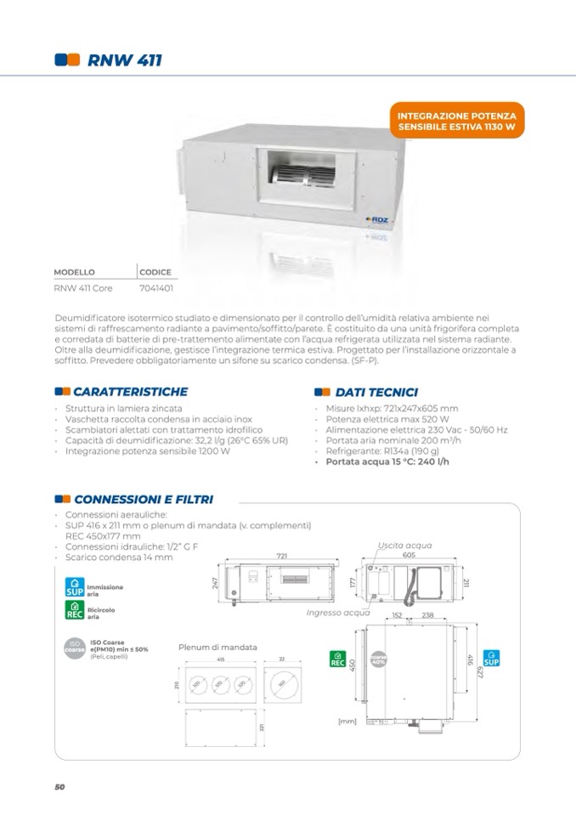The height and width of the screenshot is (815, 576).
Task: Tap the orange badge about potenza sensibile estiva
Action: coord(456,121)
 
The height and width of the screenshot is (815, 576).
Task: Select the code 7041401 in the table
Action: coord(155,287)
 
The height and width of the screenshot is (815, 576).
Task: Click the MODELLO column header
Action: coord(74,272)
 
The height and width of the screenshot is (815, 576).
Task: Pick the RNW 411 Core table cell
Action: coord(83,287)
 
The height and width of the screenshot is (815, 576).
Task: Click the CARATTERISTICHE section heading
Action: coord(130,392)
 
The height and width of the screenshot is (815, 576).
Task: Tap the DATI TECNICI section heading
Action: coord(376,392)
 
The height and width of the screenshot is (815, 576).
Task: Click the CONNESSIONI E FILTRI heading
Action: coord(143,500)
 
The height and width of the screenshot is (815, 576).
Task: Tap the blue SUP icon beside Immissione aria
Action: coord(75,587)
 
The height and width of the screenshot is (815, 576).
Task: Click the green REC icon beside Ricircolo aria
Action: coord(75,610)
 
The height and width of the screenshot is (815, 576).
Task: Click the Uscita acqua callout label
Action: coord(404,544)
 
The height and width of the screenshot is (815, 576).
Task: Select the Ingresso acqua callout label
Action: coord(336,611)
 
